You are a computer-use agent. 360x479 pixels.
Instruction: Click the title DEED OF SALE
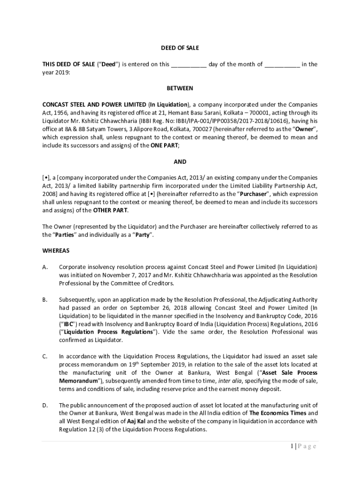(x=180, y=48)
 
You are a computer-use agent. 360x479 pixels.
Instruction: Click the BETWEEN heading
(x=180, y=88)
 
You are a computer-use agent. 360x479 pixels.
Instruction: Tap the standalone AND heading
(x=180, y=162)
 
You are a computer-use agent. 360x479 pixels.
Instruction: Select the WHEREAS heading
(x=56, y=251)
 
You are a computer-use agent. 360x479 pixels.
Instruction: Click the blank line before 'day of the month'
(x=189, y=65)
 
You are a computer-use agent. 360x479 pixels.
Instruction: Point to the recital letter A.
(x=45, y=267)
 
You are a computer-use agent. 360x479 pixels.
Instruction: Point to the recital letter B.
(x=45, y=299)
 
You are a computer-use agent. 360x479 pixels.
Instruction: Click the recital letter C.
(x=45, y=356)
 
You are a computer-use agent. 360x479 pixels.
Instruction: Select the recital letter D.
(x=45, y=405)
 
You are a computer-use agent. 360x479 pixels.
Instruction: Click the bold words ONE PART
(x=164, y=145)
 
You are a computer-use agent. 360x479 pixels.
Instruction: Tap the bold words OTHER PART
(x=110, y=210)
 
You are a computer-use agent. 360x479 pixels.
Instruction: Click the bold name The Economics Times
(x=278, y=414)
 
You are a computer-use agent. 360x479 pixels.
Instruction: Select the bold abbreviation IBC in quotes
(x=65, y=324)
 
